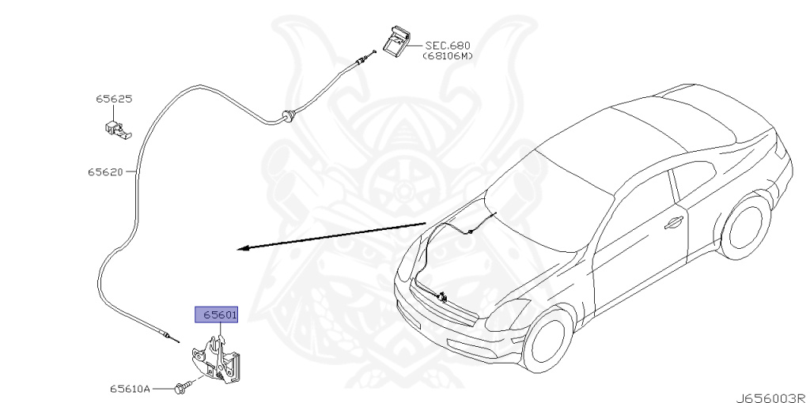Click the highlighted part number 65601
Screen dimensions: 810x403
(216, 314)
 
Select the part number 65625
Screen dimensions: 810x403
(114, 100)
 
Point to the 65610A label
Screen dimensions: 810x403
(130, 389)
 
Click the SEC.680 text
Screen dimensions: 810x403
(447, 46)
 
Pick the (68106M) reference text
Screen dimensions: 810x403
(447, 56)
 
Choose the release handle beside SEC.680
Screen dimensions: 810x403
(398, 40)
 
